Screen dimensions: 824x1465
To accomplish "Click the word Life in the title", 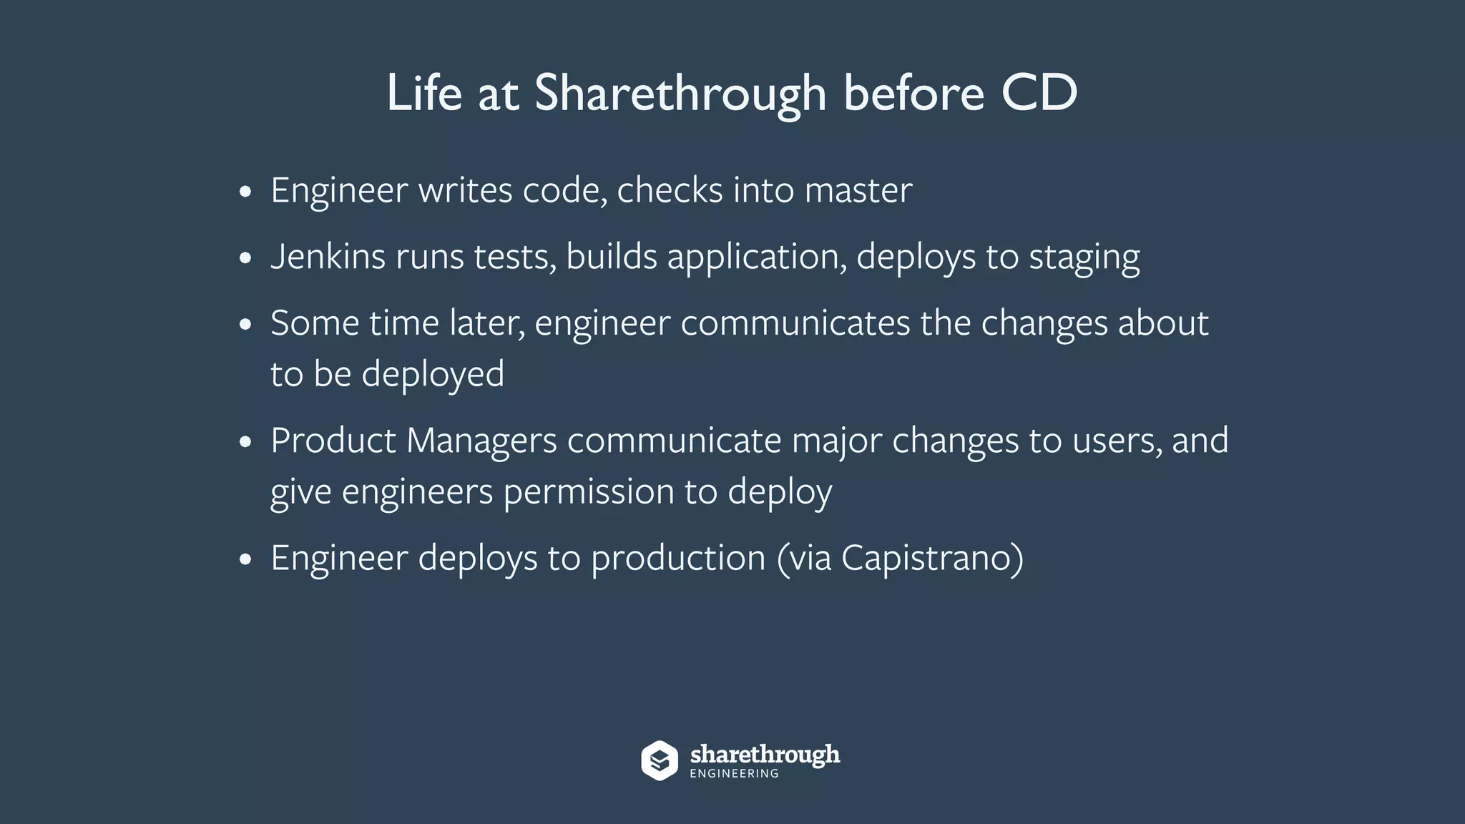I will click(x=424, y=93).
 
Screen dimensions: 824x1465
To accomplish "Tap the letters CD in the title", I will click(x=1039, y=93).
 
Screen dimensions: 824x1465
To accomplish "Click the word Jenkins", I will click(x=328, y=256).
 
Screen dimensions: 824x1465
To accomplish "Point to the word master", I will click(x=858, y=190).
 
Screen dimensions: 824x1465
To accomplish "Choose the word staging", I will click(x=1084, y=257).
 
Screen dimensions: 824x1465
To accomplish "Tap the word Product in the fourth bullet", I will click(x=333, y=440).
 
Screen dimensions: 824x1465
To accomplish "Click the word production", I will click(x=678, y=558).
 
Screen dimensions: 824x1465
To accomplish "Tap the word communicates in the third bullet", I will click(x=795, y=323).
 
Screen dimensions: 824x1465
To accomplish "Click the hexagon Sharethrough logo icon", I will click(x=659, y=760).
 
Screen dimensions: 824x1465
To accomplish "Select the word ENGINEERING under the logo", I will click(x=734, y=774).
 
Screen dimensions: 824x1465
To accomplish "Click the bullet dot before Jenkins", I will click(x=245, y=257).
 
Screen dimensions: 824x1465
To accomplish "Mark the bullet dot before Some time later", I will click(x=245, y=324).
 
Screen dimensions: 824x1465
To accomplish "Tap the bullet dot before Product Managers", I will click(x=245, y=441).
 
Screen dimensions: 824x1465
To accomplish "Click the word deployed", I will click(x=433, y=375).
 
